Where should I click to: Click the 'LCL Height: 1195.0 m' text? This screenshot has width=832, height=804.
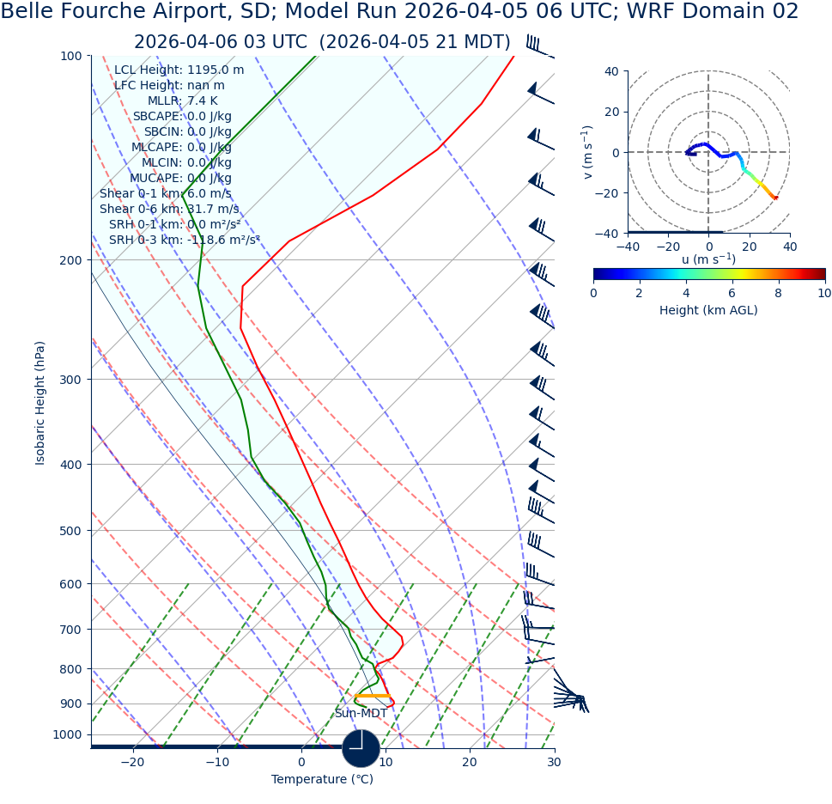tap(179, 70)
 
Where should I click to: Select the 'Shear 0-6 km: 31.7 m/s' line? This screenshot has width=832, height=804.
tap(169, 210)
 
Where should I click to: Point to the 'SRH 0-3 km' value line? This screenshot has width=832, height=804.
tap(184, 241)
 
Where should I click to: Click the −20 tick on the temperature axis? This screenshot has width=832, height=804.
tap(132, 762)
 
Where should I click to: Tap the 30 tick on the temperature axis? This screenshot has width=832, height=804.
tap(554, 762)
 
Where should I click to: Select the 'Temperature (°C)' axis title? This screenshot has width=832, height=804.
tap(322, 780)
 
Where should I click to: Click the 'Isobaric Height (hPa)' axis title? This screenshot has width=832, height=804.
tap(40, 403)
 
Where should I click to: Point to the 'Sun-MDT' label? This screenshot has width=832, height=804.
tap(361, 714)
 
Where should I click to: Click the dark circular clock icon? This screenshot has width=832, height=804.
tap(361, 748)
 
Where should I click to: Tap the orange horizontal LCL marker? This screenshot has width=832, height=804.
tap(373, 696)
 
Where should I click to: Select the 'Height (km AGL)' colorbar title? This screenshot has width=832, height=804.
tap(708, 311)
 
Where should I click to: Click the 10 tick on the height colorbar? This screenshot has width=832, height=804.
tap(824, 293)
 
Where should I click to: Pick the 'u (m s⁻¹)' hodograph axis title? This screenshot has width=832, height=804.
tap(708, 259)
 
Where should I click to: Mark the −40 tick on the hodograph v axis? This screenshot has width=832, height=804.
tap(611, 233)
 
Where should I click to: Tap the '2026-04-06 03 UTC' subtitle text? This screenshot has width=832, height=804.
tap(220, 43)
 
